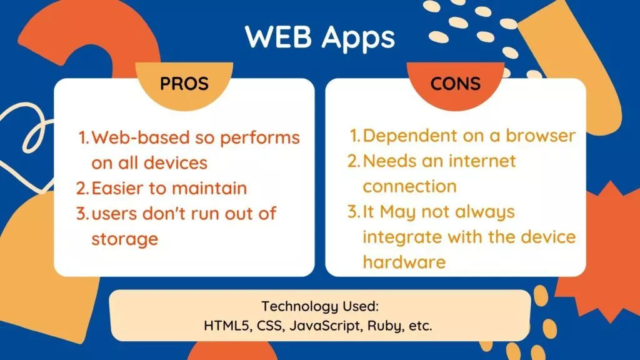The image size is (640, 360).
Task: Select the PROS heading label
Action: pyautogui.click(x=184, y=83)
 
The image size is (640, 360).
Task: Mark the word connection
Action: pyautogui.click(x=409, y=186)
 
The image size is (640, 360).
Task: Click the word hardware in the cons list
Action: pyautogui.click(x=404, y=261)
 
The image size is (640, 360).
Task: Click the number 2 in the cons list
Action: pyautogui.click(x=354, y=161)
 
